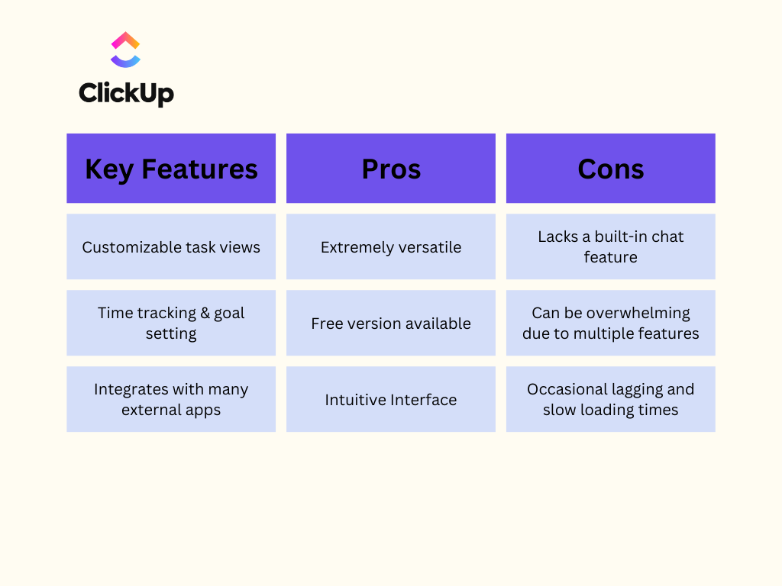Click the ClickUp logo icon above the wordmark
pos(125,50)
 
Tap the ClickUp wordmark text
pos(126,93)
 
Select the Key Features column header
pos(171,169)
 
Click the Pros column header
pos(391,169)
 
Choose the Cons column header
pos(611,169)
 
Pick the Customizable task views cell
pos(171,246)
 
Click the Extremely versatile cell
pos(391,246)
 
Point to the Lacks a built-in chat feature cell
pos(611,246)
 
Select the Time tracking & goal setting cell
pos(171,323)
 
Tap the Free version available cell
pos(391,323)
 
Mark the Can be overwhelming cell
pos(611,323)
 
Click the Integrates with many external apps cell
pos(171,399)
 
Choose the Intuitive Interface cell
pos(391,399)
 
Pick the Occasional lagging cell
pos(611,399)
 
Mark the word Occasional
pos(564,389)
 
